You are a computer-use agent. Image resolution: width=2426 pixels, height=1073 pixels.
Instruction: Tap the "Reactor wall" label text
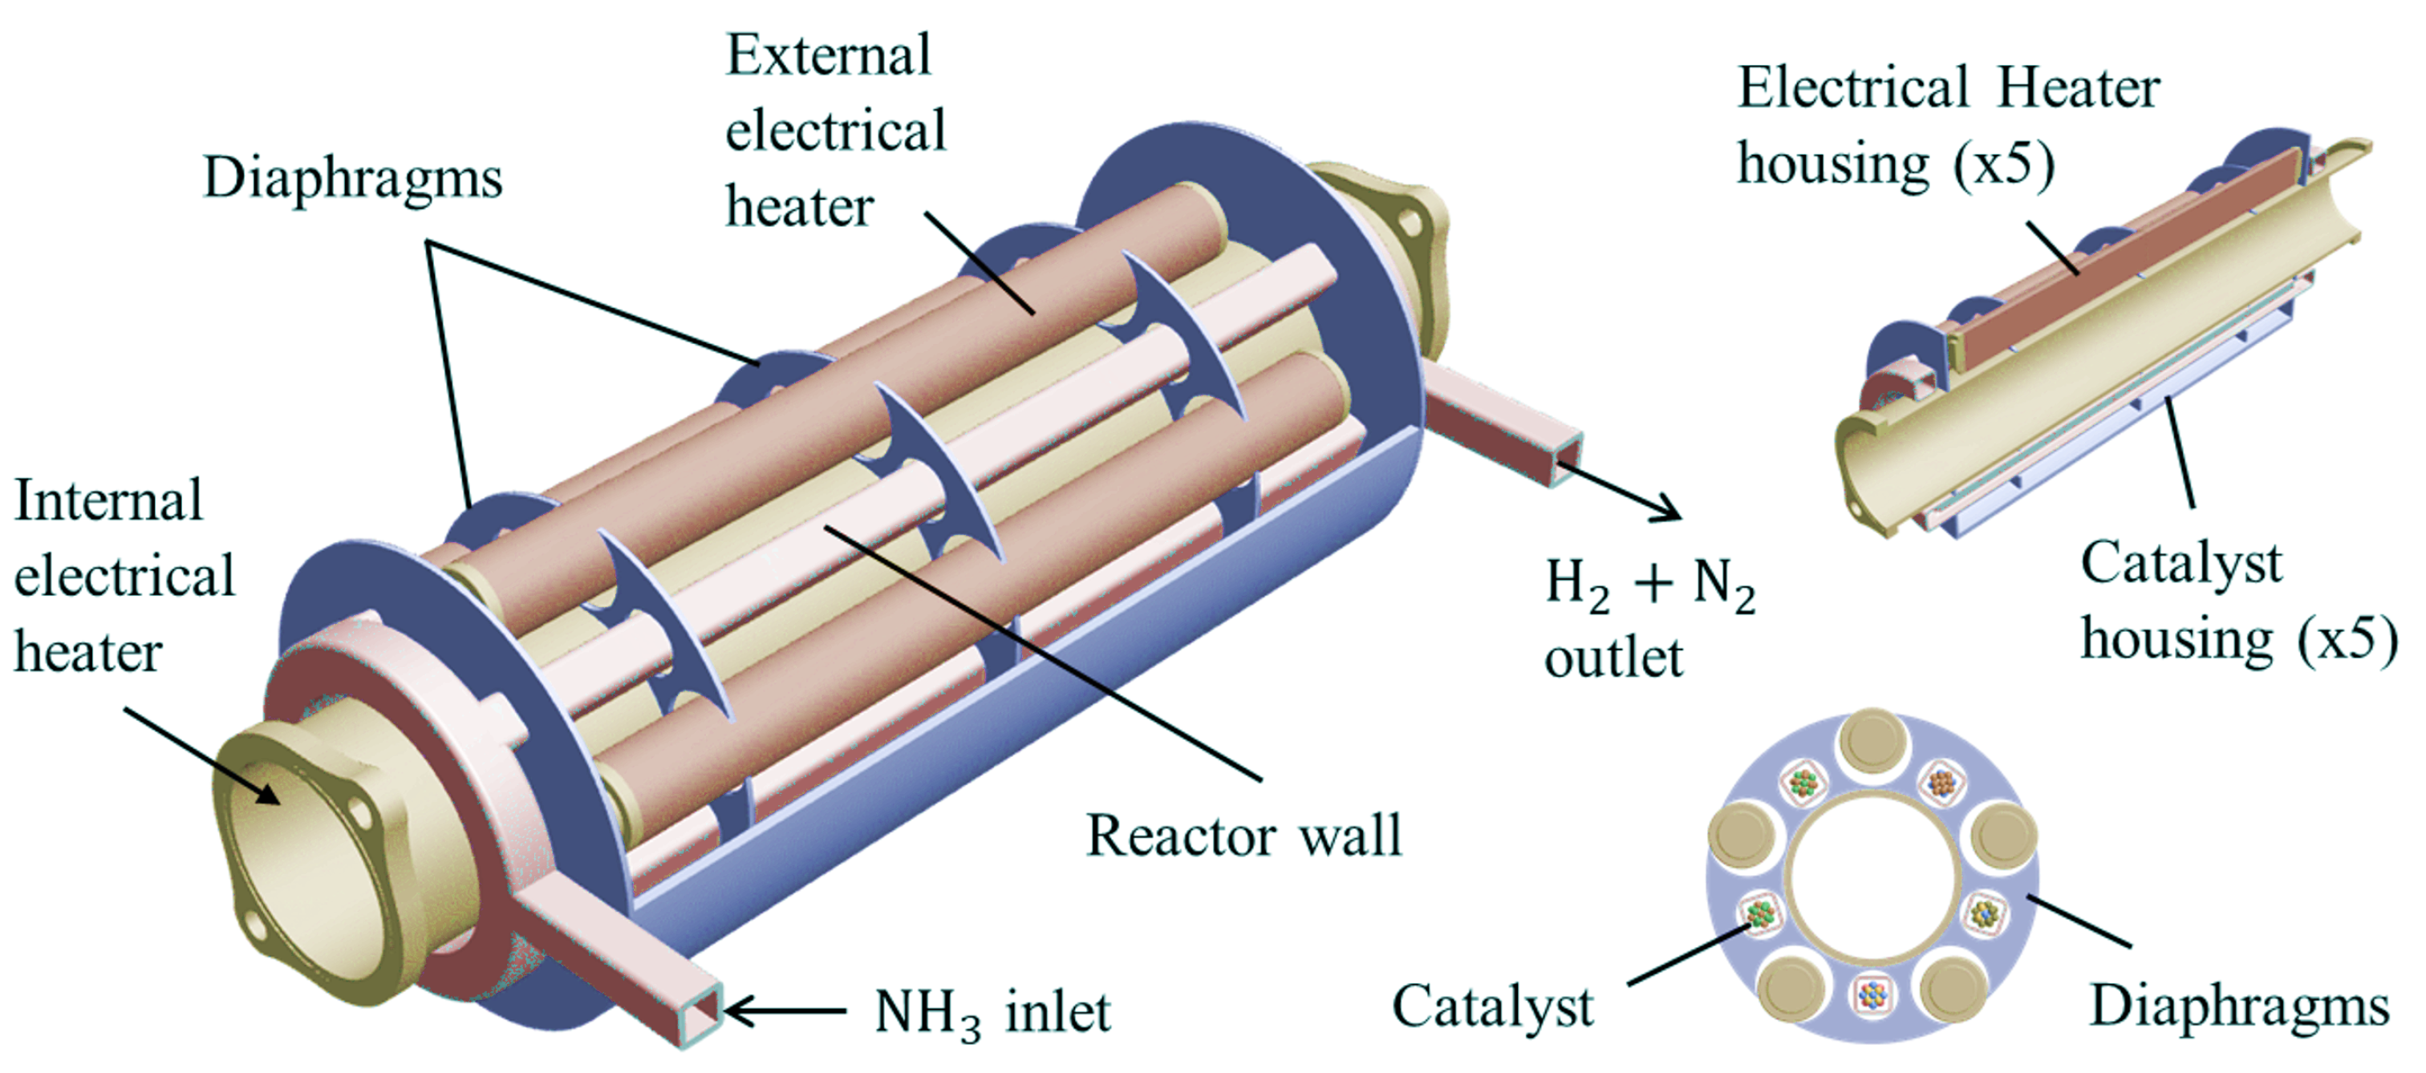coord(1243,836)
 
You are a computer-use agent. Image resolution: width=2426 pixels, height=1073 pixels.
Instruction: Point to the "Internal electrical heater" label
coord(123,576)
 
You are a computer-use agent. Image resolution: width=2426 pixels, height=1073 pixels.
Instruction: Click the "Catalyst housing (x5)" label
coord(2237,602)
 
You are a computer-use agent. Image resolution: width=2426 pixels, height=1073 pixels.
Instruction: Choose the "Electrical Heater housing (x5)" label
coord(1945,126)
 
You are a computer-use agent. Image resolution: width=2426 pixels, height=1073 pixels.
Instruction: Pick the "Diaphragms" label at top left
coord(352,178)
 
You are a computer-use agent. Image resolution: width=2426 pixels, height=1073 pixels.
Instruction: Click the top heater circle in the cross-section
coord(1872,743)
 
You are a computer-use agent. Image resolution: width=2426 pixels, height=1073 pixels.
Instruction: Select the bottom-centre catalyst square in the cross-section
coord(1872,992)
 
